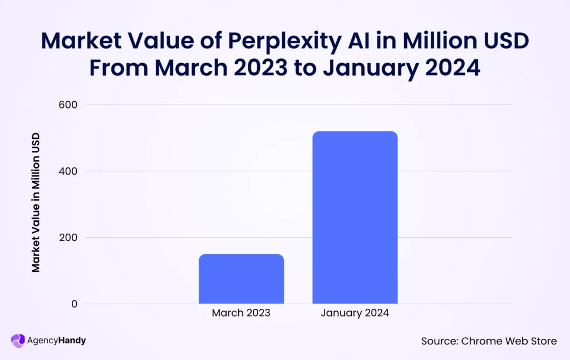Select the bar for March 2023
tap(241, 279)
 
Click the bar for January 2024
tap(355, 218)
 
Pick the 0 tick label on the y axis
tap(73, 304)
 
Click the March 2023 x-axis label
tap(241, 313)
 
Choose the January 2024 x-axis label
tap(355, 313)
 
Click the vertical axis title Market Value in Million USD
tap(36, 203)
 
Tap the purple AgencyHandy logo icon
tap(18, 341)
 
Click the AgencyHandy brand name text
tap(56, 341)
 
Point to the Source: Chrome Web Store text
tap(488, 341)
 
